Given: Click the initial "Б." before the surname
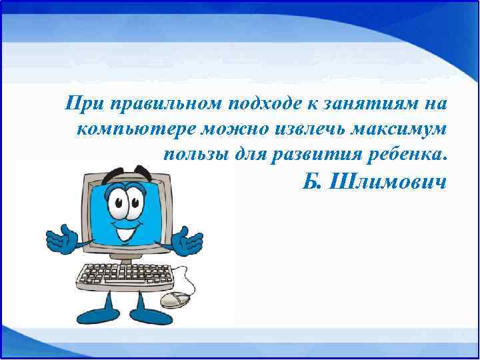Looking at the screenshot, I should click(313, 181).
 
